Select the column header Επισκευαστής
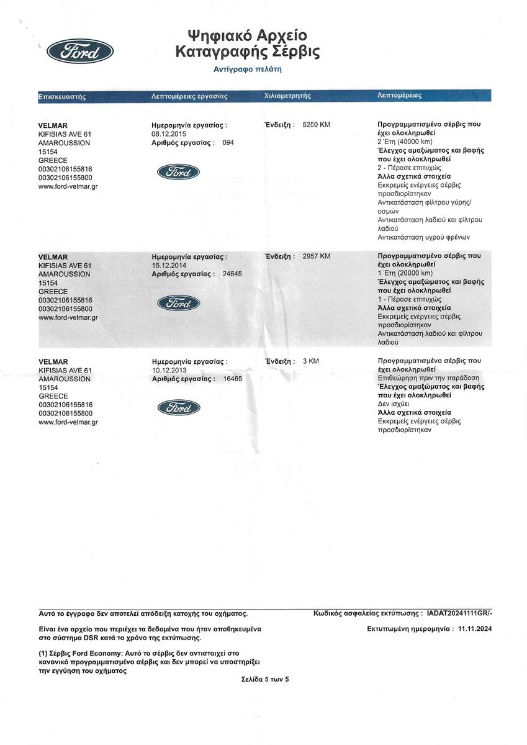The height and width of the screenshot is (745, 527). point(62,96)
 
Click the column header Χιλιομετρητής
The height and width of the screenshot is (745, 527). point(287,96)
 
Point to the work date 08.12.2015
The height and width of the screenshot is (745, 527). point(169,133)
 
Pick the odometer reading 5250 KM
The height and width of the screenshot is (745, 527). point(316,125)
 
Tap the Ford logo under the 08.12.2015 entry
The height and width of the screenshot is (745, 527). point(178,172)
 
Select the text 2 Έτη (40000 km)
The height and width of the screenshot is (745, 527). point(405,142)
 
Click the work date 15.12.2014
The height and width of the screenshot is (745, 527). point(169,265)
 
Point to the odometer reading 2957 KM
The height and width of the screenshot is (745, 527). point(316,256)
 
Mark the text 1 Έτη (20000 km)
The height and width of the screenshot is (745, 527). point(405,273)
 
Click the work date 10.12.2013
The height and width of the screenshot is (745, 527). point(169,369)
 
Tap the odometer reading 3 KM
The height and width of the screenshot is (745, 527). point(310,361)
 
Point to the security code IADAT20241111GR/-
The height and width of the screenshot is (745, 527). point(460,613)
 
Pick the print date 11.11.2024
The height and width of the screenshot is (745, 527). point(475,628)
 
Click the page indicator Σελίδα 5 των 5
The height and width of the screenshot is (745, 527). point(265,679)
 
